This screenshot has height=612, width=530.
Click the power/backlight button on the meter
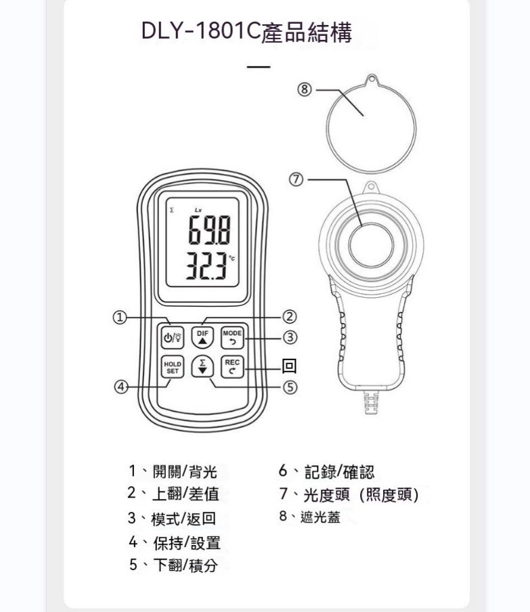(173, 337)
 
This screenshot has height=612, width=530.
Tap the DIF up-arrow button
(202, 337)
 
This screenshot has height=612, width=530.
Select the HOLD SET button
(173, 368)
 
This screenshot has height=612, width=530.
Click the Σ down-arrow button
(202, 366)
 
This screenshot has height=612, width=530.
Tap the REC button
(232, 367)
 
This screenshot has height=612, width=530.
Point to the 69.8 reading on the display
(210, 230)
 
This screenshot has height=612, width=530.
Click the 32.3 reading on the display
(206, 266)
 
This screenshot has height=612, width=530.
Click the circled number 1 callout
(120, 318)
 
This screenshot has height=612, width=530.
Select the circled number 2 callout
(289, 317)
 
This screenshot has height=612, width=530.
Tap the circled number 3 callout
(289, 337)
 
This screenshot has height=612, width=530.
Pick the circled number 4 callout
(121, 387)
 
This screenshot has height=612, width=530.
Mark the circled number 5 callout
(289, 387)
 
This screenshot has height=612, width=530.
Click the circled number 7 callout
(296, 179)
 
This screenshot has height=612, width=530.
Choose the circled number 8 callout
(305, 90)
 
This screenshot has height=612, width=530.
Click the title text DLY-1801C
(200, 31)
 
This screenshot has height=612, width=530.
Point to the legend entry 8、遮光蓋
(310, 517)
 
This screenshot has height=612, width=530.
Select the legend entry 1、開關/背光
(173, 471)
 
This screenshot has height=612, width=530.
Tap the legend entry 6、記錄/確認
(326, 471)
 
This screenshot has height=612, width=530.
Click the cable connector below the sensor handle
(371, 402)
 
